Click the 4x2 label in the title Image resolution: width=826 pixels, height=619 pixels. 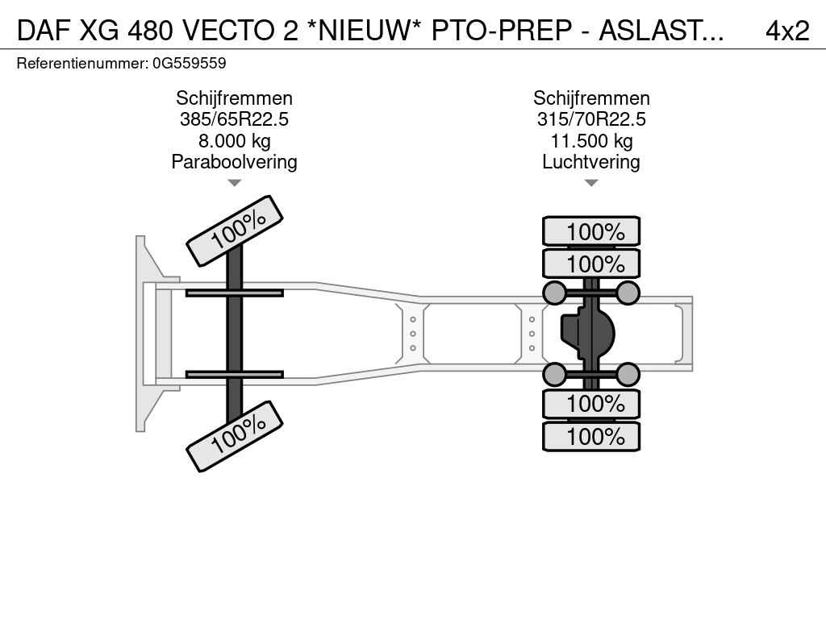(787, 31)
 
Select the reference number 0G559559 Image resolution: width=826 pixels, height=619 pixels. (189, 64)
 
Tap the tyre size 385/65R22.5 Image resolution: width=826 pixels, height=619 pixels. (234, 119)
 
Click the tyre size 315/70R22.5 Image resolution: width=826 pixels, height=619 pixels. (591, 119)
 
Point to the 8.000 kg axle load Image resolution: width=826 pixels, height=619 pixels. (234, 141)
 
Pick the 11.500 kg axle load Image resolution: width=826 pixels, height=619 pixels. (591, 141)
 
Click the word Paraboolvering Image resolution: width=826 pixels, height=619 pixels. (234, 162)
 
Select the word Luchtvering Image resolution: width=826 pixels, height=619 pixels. (591, 162)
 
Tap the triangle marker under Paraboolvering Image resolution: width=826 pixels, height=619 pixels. (234, 183)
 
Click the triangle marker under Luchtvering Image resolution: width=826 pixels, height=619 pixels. (591, 183)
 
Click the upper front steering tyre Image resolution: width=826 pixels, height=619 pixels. (235, 231)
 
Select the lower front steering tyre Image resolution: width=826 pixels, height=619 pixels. (235, 436)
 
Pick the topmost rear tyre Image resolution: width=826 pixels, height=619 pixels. (591, 231)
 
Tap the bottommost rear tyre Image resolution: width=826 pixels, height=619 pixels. (591, 436)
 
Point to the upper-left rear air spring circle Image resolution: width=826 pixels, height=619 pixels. (554, 293)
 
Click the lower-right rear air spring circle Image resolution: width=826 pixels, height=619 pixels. (628, 375)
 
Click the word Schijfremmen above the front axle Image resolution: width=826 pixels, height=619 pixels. (234, 98)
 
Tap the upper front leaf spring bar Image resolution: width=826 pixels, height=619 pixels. (235, 293)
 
